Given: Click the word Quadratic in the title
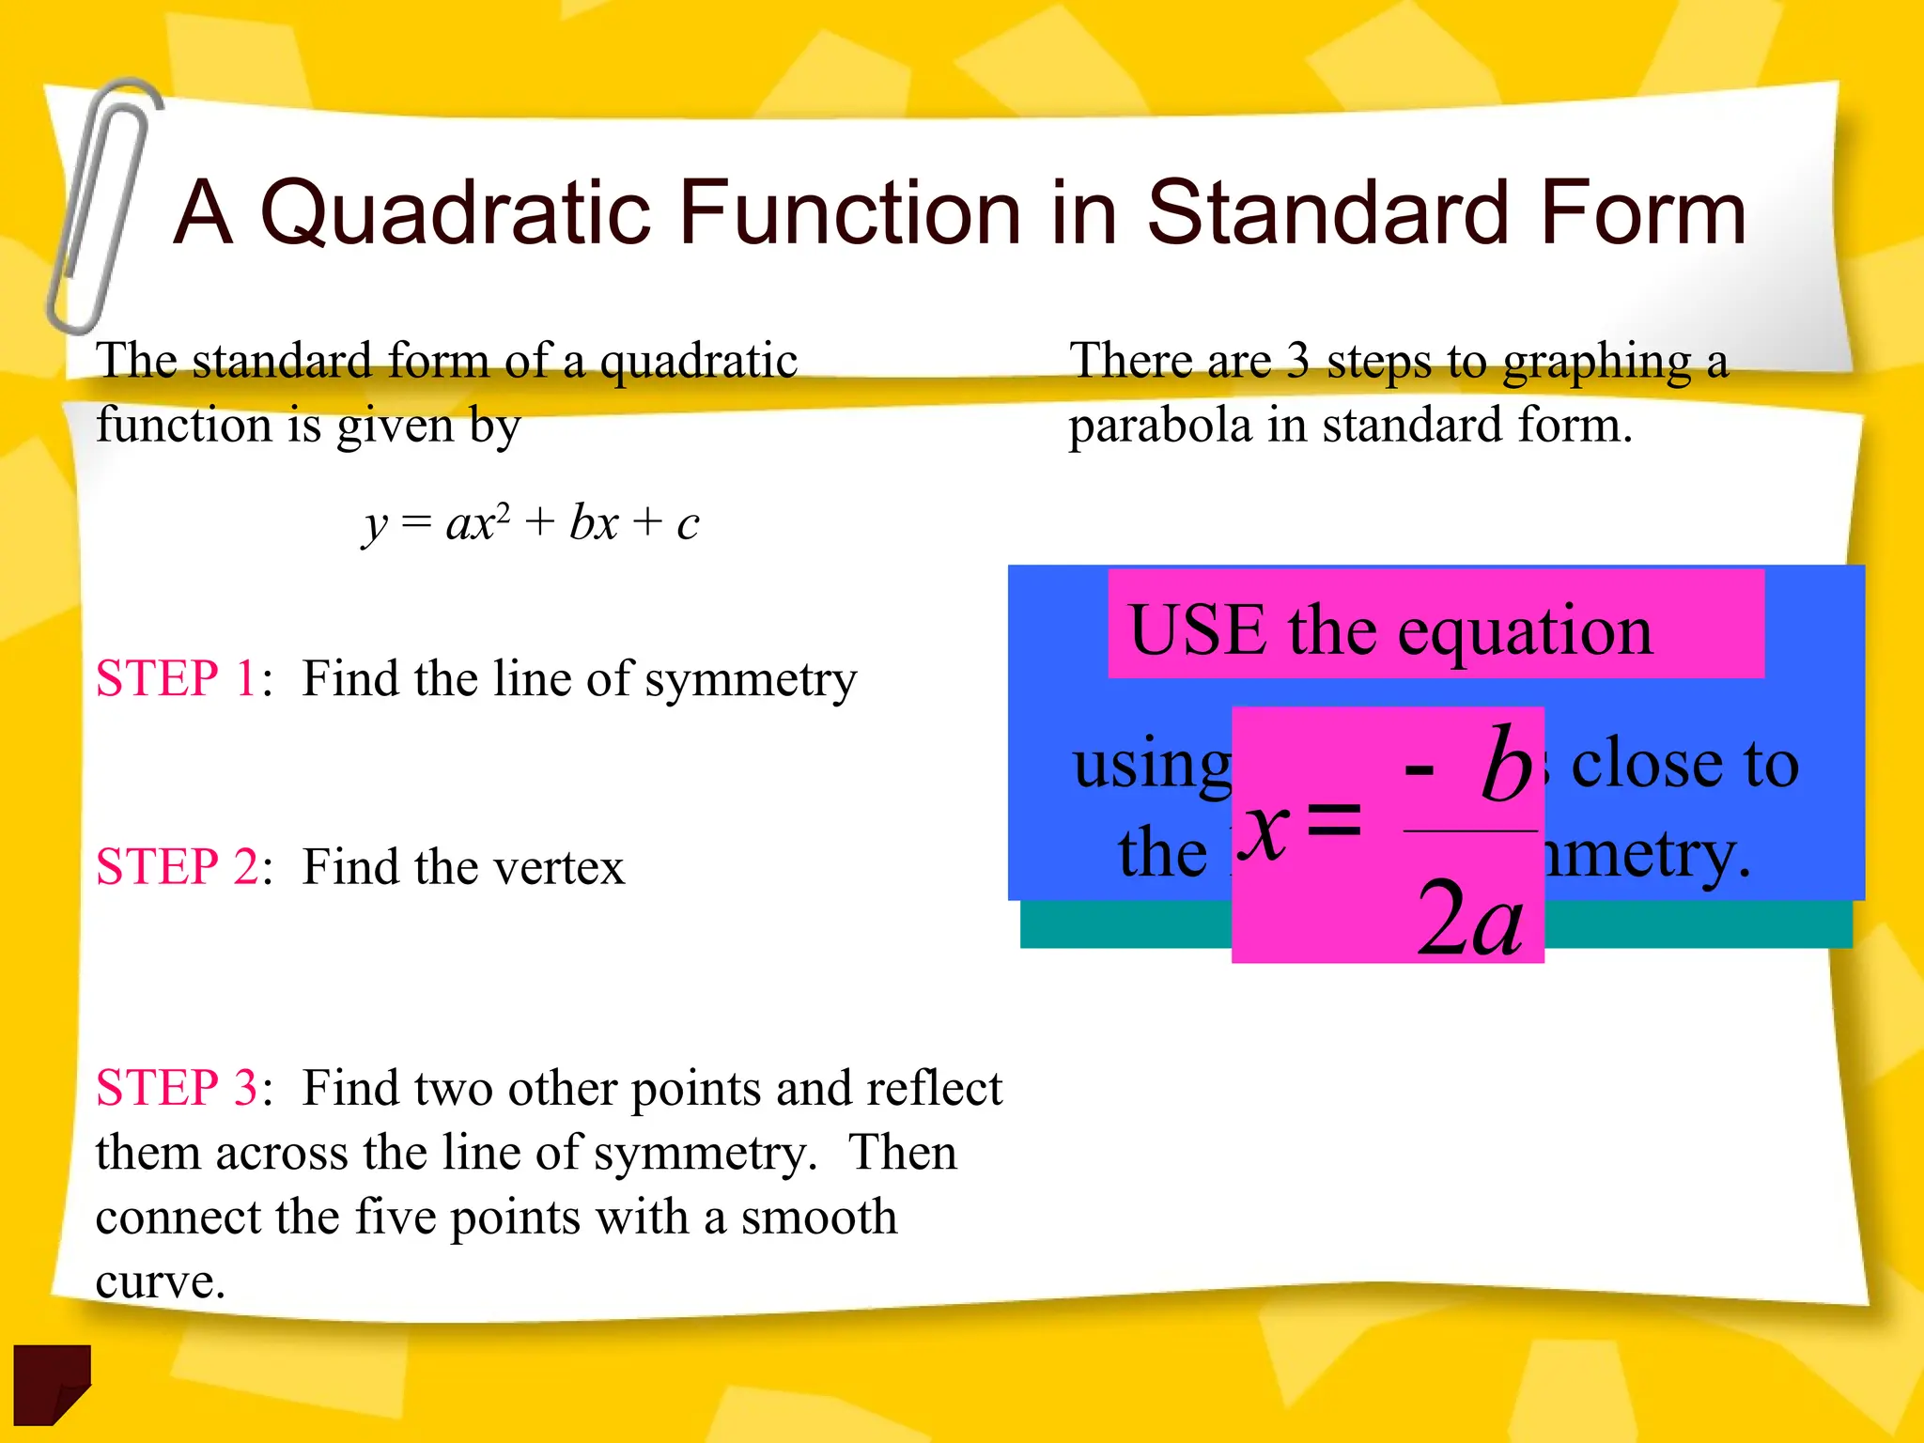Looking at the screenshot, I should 455,214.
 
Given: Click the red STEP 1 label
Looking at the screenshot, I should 176,678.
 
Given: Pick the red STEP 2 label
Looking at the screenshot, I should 176,866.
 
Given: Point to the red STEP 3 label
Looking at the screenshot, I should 176,1088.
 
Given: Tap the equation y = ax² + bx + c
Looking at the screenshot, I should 531,523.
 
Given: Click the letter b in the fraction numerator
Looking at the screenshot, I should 1506,765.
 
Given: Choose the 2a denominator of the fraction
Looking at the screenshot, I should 1470,919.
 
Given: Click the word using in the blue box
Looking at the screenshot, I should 1152,766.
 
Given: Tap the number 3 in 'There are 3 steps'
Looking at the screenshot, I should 1297,361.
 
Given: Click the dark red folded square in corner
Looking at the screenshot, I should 52,1383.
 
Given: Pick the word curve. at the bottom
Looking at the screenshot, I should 160,1281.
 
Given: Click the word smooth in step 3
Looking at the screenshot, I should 818,1217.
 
